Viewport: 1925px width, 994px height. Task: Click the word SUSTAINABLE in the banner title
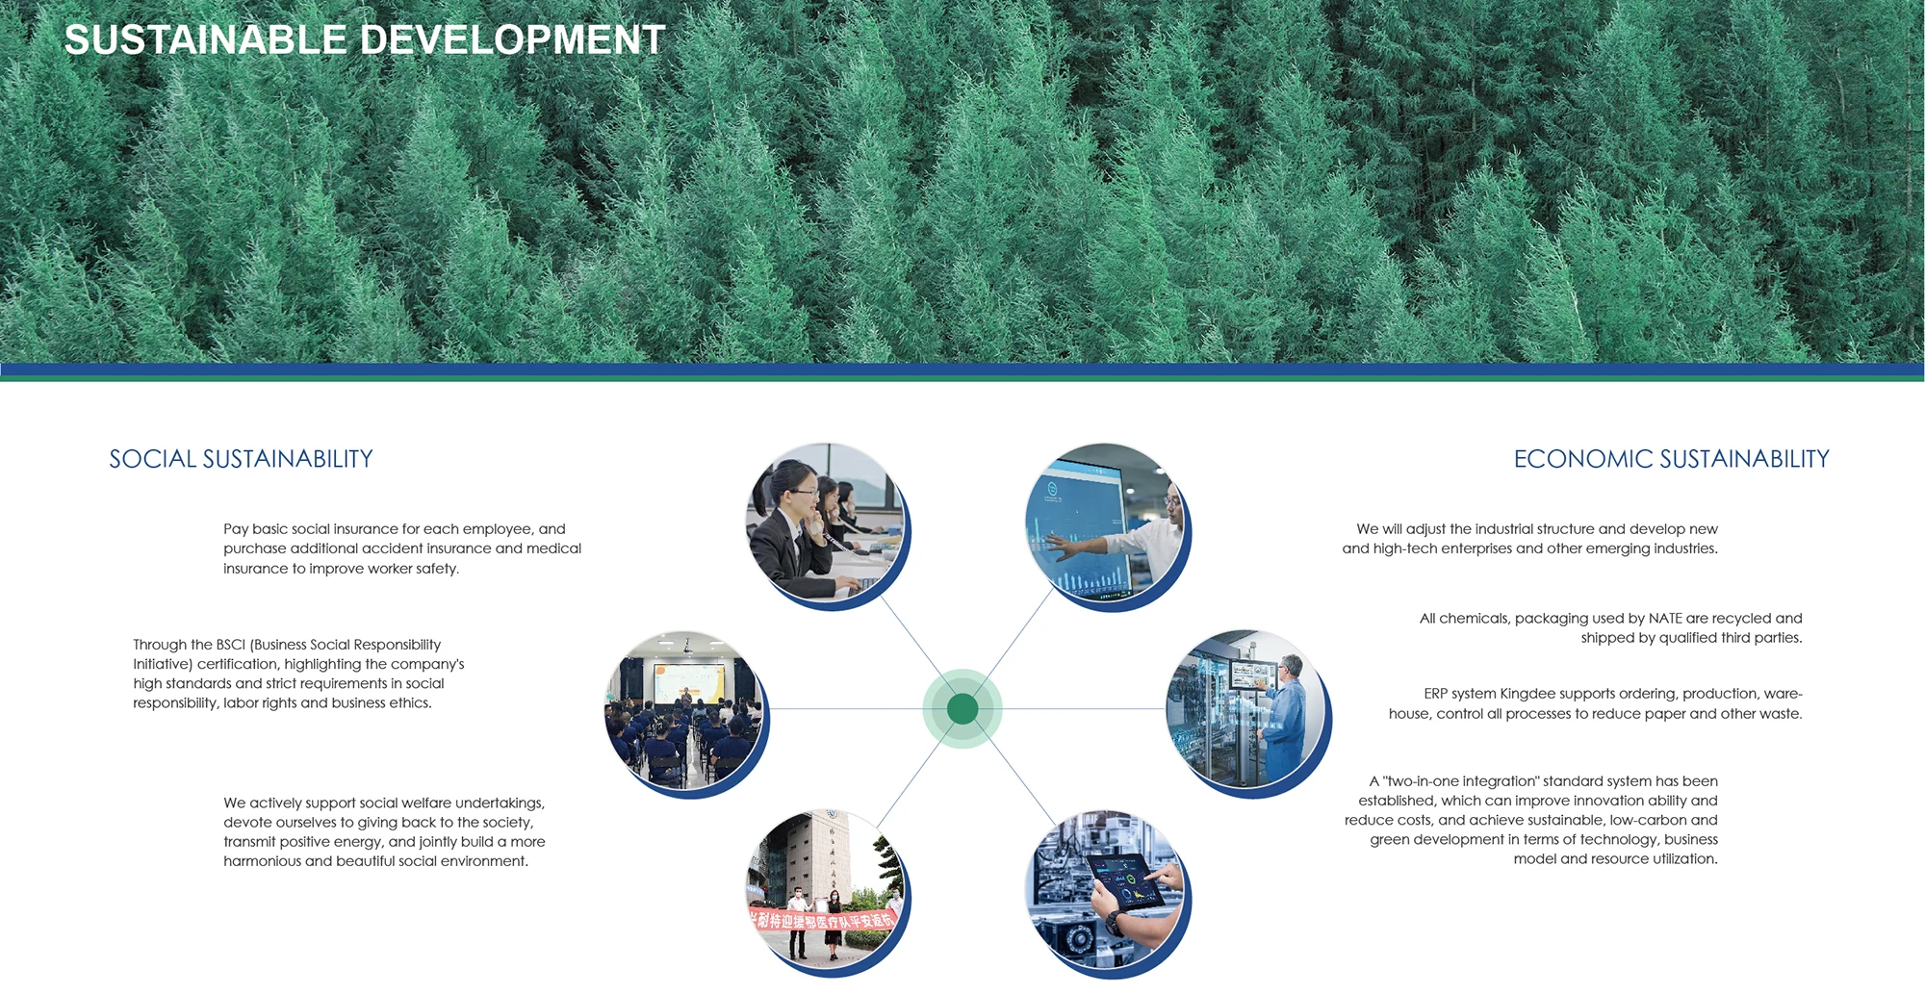(205, 39)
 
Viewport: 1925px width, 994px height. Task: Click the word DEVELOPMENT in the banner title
(512, 39)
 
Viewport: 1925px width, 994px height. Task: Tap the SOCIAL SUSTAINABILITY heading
(241, 459)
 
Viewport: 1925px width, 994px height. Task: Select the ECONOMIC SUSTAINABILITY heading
(1671, 459)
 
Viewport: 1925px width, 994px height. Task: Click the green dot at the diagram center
(962, 709)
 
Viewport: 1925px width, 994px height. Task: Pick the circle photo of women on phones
(826, 522)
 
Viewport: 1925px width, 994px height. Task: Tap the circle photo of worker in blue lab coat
(1246, 709)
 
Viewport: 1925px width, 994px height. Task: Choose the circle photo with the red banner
(826, 889)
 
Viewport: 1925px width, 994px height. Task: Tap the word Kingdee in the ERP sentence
(1527, 694)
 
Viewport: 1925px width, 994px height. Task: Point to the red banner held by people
(823, 920)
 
